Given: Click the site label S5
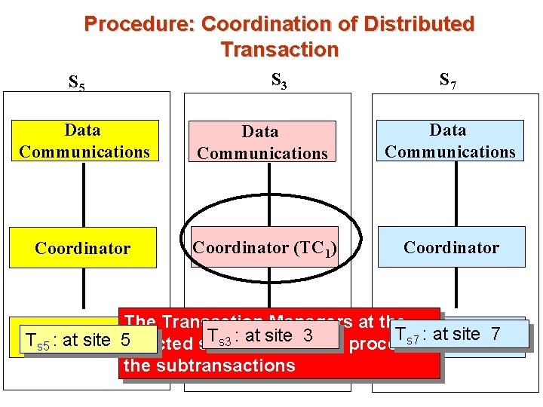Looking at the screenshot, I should (x=77, y=82).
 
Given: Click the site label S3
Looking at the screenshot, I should (x=278, y=79).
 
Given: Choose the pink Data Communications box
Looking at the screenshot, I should (x=262, y=142).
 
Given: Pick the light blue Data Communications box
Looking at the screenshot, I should (x=450, y=141).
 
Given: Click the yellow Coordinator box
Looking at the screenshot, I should (x=83, y=248).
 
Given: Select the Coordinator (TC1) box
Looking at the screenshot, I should (x=264, y=247).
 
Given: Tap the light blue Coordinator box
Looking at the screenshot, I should (x=451, y=247).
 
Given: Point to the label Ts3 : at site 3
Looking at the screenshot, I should (x=260, y=335).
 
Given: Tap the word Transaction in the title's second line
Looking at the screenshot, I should (x=280, y=50).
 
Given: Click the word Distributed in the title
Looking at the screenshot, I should (x=419, y=24).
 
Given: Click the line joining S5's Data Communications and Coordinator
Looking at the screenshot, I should (x=83, y=194).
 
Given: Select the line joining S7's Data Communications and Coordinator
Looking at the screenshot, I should (x=450, y=194).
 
